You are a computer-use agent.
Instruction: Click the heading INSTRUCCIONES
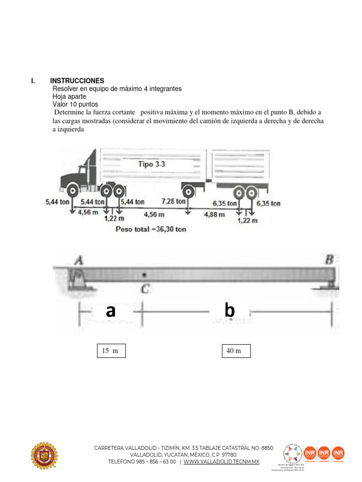coord(77,81)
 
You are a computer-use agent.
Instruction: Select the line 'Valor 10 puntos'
coord(76,104)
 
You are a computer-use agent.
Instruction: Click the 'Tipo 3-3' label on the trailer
coord(152,164)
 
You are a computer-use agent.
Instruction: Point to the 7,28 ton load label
coord(174,201)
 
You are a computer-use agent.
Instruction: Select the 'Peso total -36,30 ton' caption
coord(151,230)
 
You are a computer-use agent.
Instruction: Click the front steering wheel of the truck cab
coord(73,191)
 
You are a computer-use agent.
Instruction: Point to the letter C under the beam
coord(146,290)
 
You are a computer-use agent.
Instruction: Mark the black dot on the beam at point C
coord(145,274)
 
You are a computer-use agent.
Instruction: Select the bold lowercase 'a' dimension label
coord(110,311)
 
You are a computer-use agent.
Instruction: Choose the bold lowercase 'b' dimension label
coord(230,311)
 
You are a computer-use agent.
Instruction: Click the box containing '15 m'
coord(111,351)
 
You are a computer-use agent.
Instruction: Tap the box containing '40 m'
coord(236,351)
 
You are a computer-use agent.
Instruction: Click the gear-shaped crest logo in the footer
coord(45,456)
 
